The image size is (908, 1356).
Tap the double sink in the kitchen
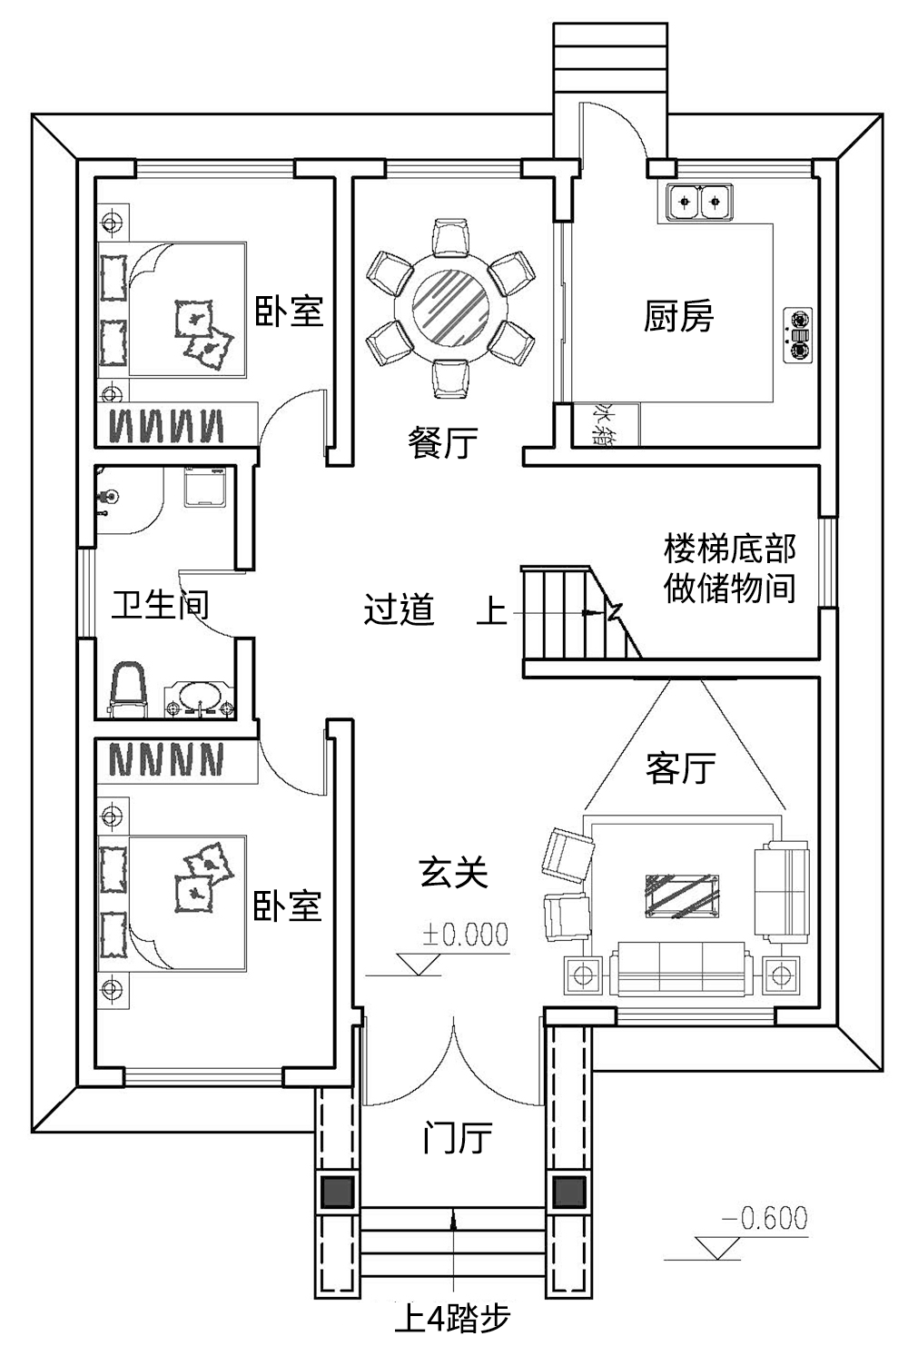[x=699, y=202]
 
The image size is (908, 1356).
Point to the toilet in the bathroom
[x=127, y=688]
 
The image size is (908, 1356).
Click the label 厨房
[x=678, y=316]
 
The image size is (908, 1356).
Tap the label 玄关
[x=453, y=872]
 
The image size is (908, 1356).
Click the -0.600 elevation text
[x=765, y=1217]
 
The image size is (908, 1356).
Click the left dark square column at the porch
[x=337, y=1192]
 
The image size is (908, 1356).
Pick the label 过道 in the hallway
[x=399, y=609]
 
